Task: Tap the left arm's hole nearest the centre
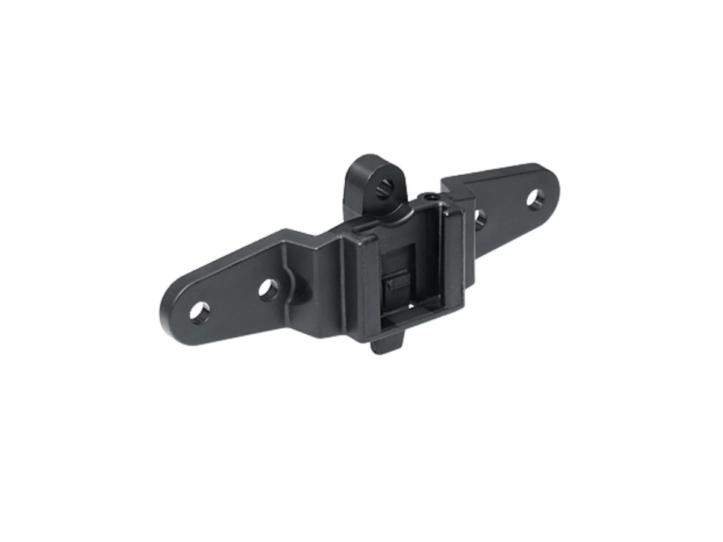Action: click(269, 290)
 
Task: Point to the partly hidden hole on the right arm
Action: click(480, 218)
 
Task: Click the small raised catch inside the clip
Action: click(398, 281)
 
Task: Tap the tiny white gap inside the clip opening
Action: click(410, 305)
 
